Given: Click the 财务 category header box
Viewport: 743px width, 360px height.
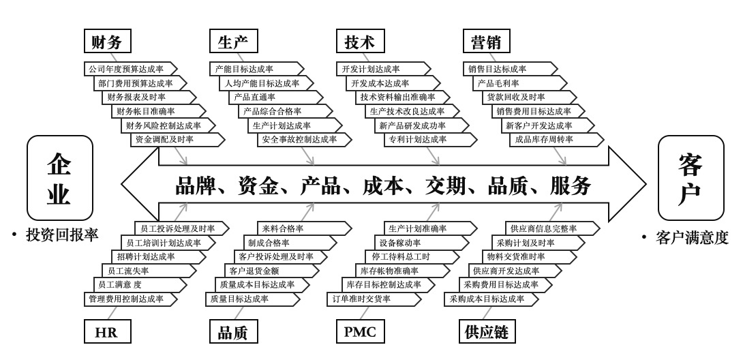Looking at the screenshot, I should [x=107, y=42].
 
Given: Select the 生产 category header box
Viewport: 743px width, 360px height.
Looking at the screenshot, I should [x=233, y=42].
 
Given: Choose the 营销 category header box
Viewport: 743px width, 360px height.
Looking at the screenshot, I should [x=486, y=42].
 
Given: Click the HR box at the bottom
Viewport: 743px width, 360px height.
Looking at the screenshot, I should [x=107, y=332].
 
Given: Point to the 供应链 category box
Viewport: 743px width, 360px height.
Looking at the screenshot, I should [x=486, y=332].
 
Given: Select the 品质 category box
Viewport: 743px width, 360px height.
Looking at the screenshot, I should [x=233, y=332].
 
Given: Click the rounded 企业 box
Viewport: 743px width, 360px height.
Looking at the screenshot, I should [x=59, y=177].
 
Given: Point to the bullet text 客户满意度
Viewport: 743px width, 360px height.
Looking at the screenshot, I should [x=692, y=238].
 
